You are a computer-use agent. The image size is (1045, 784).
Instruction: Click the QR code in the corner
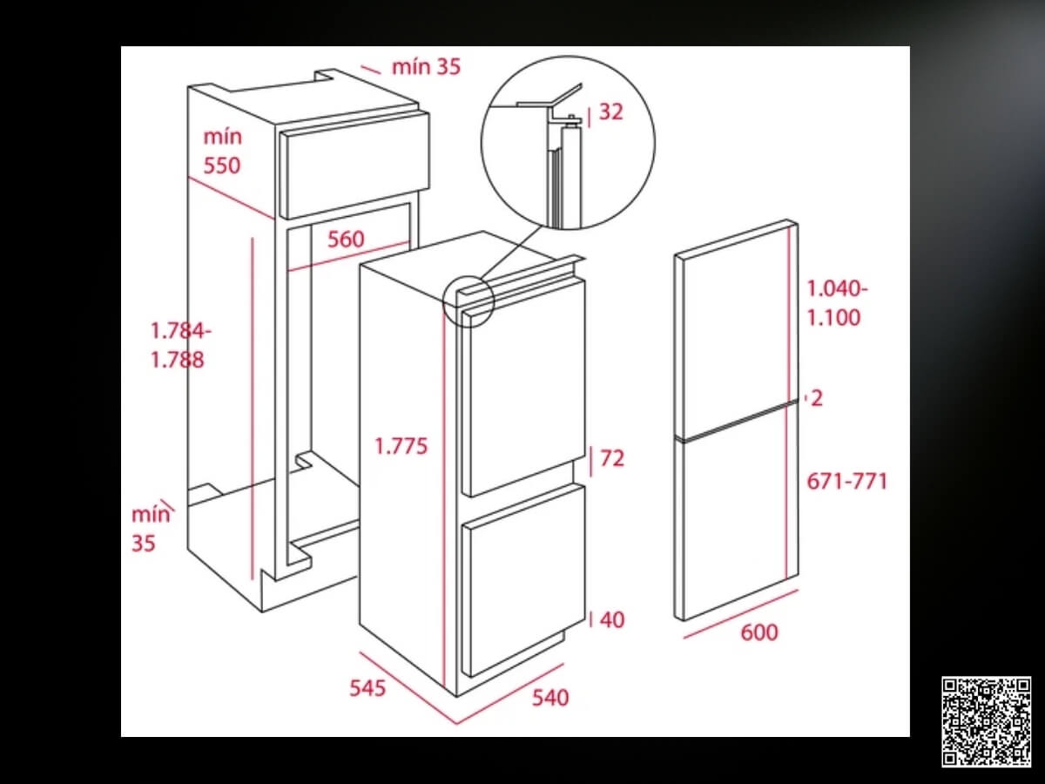click(x=986, y=721)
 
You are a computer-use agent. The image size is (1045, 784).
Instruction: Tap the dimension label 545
click(x=367, y=688)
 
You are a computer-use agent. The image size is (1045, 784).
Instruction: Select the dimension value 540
click(x=549, y=698)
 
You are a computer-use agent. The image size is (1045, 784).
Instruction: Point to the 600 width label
click(x=758, y=632)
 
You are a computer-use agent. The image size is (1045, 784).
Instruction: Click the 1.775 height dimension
click(x=401, y=446)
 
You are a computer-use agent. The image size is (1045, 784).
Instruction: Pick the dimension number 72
click(x=612, y=458)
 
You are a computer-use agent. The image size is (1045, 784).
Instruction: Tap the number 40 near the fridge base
click(x=612, y=619)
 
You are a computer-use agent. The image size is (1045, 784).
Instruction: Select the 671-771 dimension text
click(x=847, y=481)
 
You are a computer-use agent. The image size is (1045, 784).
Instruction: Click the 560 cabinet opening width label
click(x=346, y=239)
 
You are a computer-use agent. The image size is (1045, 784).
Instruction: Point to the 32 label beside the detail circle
click(x=610, y=112)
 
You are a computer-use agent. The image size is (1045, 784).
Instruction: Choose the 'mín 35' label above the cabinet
click(x=426, y=67)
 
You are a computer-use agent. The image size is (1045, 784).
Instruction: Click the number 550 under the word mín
click(x=222, y=166)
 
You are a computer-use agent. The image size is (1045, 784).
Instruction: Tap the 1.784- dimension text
click(x=181, y=330)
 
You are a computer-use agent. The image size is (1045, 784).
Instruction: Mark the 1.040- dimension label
click(x=838, y=289)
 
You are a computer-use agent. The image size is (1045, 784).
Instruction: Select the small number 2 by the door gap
click(x=817, y=398)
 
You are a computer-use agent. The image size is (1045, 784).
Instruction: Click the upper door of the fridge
click(x=523, y=388)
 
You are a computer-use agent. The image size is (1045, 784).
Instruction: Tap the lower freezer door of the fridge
click(x=523, y=580)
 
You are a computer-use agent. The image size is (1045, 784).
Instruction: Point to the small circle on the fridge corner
click(x=469, y=301)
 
